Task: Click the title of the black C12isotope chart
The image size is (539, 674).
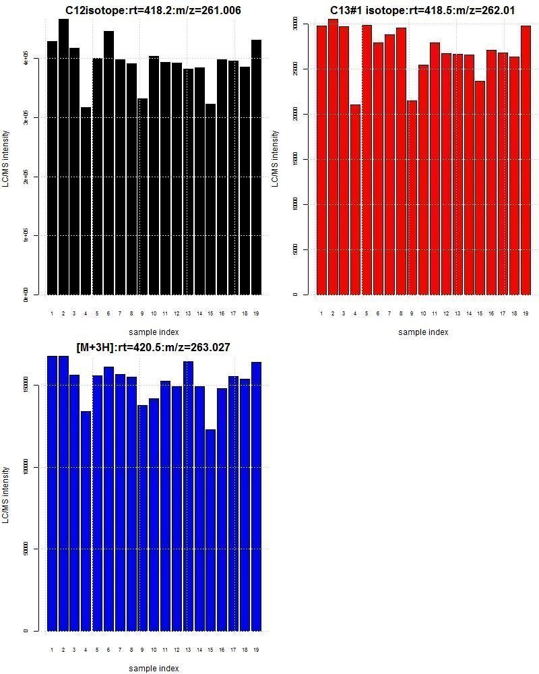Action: (153, 10)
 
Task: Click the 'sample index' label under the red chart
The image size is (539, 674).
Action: (422, 332)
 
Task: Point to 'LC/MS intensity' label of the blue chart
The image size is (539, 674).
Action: (6, 495)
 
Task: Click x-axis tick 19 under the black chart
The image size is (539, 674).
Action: (256, 313)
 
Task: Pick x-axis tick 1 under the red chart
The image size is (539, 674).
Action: (321, 313)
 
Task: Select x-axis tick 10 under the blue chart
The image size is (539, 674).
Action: (154, 650)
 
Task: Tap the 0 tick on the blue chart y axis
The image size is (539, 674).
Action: (26, 631)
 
